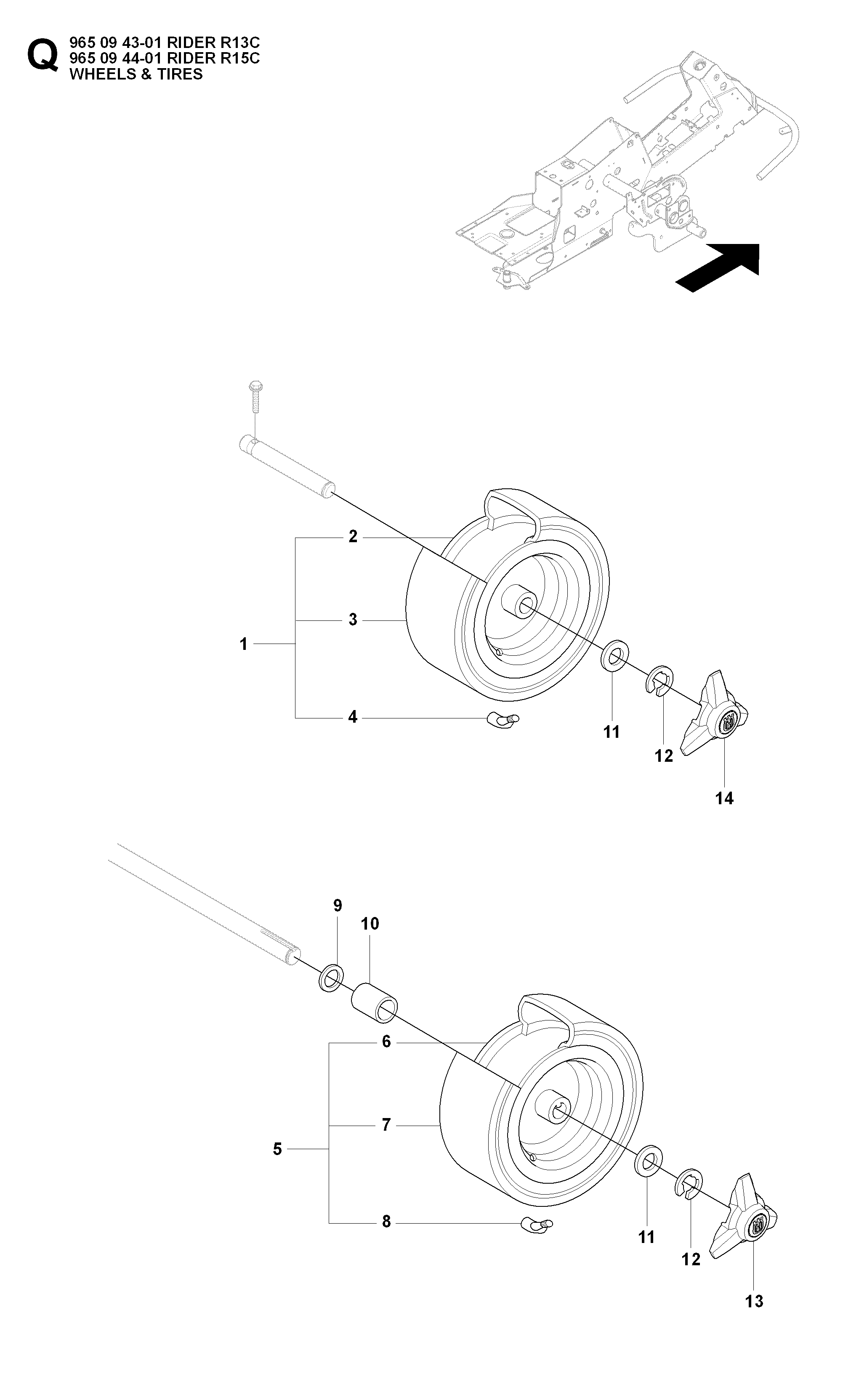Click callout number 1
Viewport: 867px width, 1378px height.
point(243,644)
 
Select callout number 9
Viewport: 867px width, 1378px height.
point(337,905)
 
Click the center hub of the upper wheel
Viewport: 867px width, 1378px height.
point(519,605)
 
